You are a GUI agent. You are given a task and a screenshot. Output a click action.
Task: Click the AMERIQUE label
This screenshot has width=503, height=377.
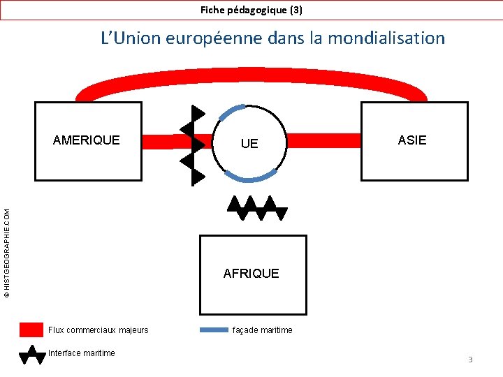pyautogui.click(x=87, y=140)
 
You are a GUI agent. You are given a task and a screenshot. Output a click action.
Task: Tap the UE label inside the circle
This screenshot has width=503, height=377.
pyautogui.click(x=249, y=143)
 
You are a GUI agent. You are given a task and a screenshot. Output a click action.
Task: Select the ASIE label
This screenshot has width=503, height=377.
pyautogui.click(x=412, y=140)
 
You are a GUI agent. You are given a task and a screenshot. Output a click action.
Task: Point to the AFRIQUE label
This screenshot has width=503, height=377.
pyautogui.click(x=251, y=273)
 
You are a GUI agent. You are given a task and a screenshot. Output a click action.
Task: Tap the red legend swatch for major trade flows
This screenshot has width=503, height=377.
pyautogui.click(x=31, y=330)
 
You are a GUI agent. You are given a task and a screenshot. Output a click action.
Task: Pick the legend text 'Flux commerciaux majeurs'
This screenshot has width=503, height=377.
pyautogui.click(x=99, y=330)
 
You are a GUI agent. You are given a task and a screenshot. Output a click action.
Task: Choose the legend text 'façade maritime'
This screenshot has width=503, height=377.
pyautogui.click(x=263, y=330)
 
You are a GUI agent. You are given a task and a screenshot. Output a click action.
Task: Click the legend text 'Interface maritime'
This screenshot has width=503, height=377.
pyautogui.click(x=82, y=353)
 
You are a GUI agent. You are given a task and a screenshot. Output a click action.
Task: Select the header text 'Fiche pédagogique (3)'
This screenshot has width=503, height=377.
pyautogui.click(x=251, y=10)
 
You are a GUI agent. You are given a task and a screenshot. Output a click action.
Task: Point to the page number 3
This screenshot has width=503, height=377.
pyautogui.click(x=470, y=360)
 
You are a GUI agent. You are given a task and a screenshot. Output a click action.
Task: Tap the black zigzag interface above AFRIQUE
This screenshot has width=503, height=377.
pyautogui.click(x=256, y=207)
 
